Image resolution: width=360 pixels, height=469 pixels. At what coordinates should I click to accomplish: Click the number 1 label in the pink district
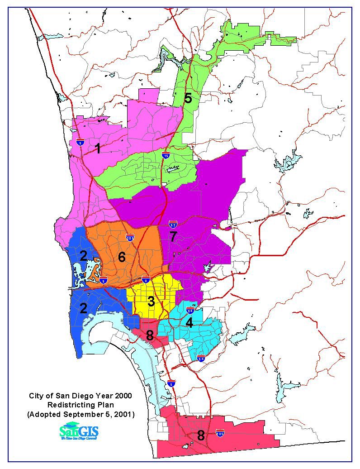pos(97,148)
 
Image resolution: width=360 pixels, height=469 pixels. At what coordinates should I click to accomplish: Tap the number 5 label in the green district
pos(188,98)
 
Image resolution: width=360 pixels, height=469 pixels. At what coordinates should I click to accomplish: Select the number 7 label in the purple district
pos(173,236)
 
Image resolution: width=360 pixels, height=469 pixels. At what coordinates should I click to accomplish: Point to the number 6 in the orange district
pos(121,257)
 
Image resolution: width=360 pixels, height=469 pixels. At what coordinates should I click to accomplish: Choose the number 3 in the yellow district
pos(151,301)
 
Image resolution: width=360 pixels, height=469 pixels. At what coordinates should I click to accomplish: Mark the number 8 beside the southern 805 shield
pos(200,435)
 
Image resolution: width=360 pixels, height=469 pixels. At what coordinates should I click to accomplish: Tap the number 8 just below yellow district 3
pos(150,335)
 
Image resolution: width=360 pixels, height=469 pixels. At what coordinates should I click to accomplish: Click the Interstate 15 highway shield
pos(166,155)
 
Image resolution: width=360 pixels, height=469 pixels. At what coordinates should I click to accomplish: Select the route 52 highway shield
pos(173,224)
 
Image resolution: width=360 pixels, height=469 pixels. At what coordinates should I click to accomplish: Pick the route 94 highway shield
pos(190,310)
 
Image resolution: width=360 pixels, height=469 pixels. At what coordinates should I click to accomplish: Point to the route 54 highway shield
pos(201,359)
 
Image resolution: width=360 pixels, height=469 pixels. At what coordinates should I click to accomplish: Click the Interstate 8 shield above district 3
pos(146,280)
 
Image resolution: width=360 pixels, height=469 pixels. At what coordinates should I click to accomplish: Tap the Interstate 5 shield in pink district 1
pos(80,142)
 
